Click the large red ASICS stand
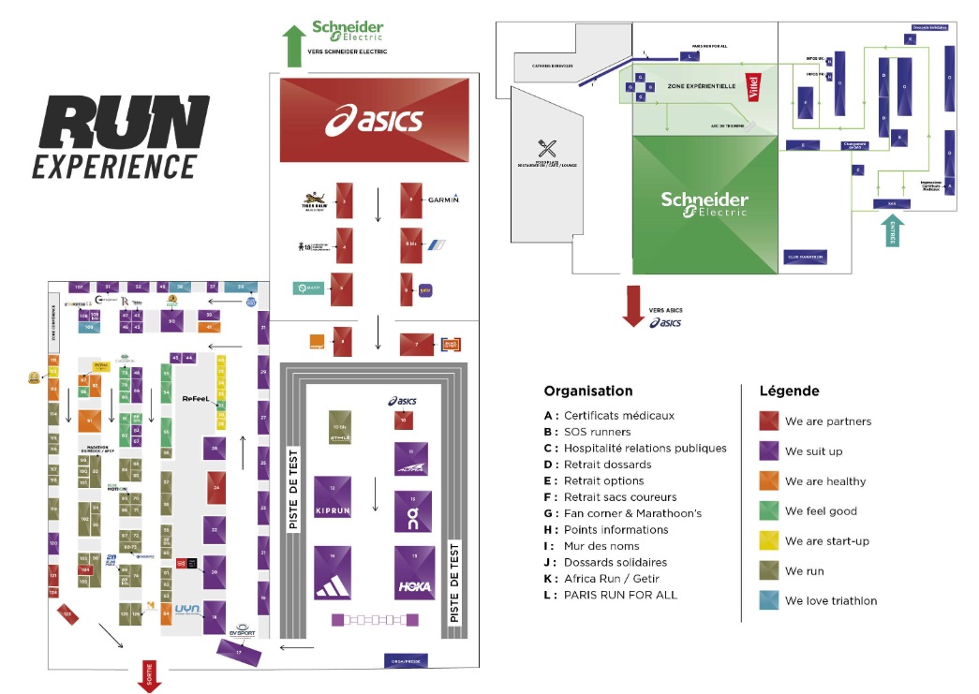[374, 120]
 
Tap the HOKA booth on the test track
[414, 572]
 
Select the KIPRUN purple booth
[333, 501]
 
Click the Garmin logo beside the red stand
[442, 199]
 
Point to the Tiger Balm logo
[312, 199]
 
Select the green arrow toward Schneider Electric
[294, 45]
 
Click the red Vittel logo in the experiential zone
[751, 87]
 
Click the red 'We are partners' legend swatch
[767, 421]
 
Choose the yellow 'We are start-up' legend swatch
[767, 541]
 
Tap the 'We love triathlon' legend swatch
[767, 601]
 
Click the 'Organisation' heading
[587, 391]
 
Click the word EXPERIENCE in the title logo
[114, 166]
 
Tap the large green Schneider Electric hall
[705, 205]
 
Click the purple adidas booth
[333, 572]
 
